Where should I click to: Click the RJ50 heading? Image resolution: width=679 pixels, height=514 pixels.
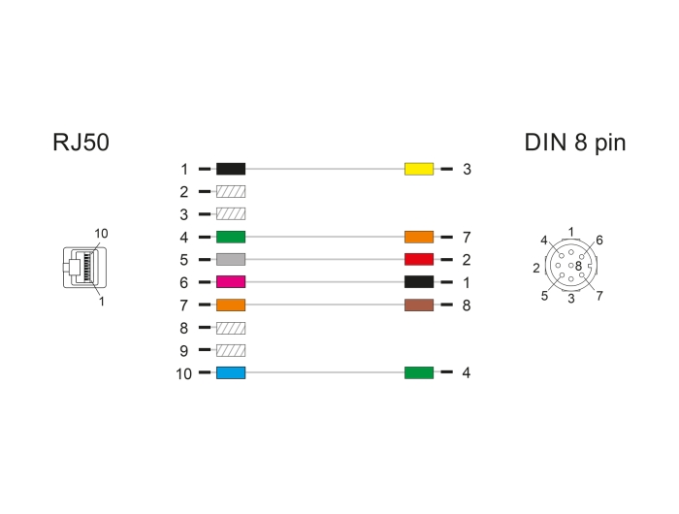point(81,142)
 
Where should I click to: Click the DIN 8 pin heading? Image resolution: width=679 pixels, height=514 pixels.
point(575,143)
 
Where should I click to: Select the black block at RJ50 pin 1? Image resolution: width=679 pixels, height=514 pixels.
point(231,169)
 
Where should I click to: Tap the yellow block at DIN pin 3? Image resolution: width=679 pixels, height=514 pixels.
point(419,169)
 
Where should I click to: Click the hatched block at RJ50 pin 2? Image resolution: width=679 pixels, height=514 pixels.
point(231,191)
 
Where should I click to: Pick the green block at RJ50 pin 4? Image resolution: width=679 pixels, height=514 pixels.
point(231,237)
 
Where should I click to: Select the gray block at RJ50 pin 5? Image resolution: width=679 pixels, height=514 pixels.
point(231,259)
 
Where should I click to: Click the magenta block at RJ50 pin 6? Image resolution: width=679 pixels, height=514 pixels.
point(231,282)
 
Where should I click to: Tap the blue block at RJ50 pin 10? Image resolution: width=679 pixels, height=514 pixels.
point(231,372)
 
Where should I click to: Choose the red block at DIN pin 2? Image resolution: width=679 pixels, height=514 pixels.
point(419,259)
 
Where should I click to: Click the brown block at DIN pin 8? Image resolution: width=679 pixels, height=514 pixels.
point(419,305)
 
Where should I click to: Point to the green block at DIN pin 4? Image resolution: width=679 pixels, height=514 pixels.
point(419,372)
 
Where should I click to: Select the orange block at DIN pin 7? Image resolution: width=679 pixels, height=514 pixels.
point(419,237)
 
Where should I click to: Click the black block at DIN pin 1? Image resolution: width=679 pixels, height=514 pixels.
point(419,282)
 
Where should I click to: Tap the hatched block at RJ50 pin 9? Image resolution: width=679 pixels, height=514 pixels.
point(231,350)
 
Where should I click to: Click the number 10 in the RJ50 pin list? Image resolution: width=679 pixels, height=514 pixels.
point(183,373)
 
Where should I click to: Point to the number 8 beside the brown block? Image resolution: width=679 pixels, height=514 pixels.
point(467,305)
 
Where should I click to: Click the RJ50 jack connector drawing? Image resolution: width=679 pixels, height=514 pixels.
point(85,267)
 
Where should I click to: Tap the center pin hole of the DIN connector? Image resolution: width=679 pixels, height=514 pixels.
point(570,266)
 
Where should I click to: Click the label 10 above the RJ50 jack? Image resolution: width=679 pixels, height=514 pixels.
point(101,234)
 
